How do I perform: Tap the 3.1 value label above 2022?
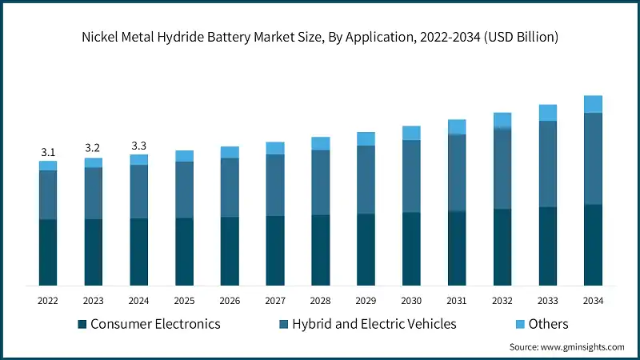(x=48, y=152)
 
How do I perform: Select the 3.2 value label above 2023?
(x=94, y=149)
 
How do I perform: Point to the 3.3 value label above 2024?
(x=139, y=146)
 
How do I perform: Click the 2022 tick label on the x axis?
(x=48, y=301)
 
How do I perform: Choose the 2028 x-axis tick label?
(x=321, y=301)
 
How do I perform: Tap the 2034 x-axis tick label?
(x=593, y=301)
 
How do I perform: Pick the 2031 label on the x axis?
(x=457, y=301)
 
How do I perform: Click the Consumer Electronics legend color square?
(x=82, y=324)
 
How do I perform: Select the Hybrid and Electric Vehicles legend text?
(x=373, y=324)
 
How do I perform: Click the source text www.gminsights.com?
(x=566, y=346)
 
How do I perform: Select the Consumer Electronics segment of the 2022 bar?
(x=48, y=252)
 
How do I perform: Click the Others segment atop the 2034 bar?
(x=593, y=104)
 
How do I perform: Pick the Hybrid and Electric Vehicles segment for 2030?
(x=411, y=176)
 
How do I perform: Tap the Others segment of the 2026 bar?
(x=230, y=152)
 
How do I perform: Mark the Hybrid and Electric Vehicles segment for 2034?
(x=593, y=158)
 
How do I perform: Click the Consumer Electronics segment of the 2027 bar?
(x=275, y=250)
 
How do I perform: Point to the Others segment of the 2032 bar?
(x=502, y=120)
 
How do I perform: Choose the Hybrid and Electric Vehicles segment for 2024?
(x=139, y=191)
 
